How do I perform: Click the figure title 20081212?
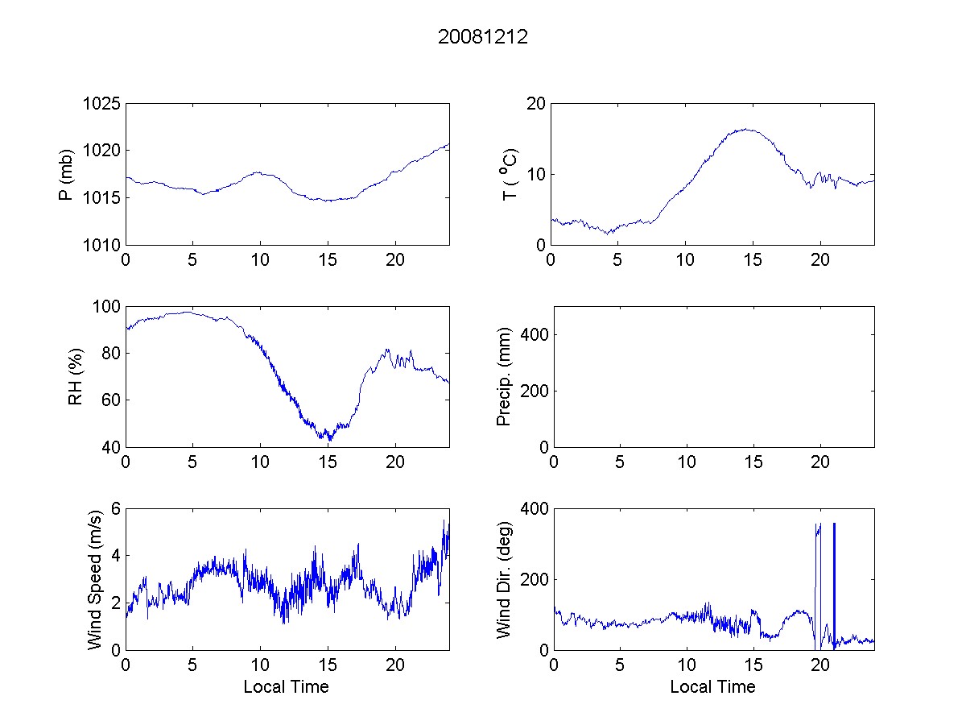click(x=483, y=37)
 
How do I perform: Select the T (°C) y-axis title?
click(x=510, y=174)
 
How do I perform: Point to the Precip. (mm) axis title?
click(x=504, y=376)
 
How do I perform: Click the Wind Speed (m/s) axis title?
click(x=94, y=578)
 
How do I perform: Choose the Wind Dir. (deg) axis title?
click(x=504, y=578)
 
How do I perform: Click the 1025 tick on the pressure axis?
click(x=102, y=103)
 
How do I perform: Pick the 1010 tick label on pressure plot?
click(x=102, y=245)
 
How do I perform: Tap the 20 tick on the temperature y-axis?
click(x=535, y=103)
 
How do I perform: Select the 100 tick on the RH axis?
click(x=106, y=307)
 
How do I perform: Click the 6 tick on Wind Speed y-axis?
click(x=115, y=508)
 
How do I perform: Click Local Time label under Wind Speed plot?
click(x=286, y=687)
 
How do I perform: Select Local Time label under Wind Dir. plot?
click(x=712, y=687)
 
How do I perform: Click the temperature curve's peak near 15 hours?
click(x=747, y=129)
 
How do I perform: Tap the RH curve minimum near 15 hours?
click(x=329, y=440)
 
